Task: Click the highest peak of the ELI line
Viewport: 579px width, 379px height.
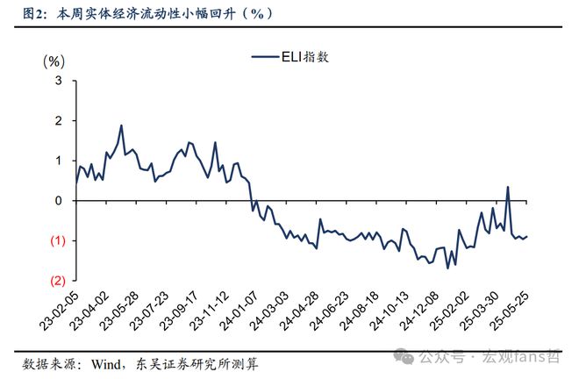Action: point(121,125)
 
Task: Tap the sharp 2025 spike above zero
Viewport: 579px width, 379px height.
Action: point(508,186)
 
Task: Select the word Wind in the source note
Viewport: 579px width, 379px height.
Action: point(107,361)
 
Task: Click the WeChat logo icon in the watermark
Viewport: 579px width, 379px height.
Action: point(404,357)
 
